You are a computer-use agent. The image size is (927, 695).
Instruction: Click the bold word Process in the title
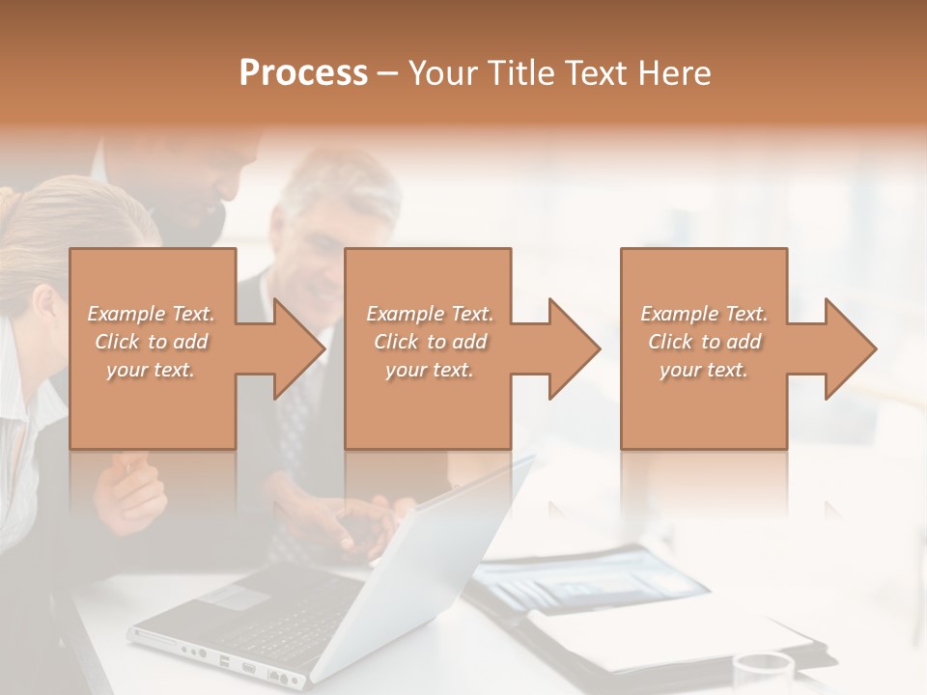point(303,73)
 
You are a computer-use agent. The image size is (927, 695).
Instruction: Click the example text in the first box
point(152,342)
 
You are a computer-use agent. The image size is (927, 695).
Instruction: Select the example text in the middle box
point(430,342)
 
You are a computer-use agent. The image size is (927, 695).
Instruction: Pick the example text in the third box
point(704,342)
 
